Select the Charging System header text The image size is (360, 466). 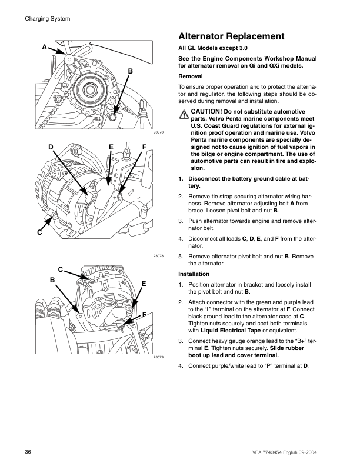pos(48,19)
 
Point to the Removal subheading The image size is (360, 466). pos(190,76)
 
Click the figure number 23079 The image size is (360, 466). pos(158,358)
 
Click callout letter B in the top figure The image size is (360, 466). pos(131,71)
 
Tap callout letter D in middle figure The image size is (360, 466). pos(51,147)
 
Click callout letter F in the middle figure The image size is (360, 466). pos(144,147)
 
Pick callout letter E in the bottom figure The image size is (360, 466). pos(144,284)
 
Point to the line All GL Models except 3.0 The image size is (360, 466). pos(212,49)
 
